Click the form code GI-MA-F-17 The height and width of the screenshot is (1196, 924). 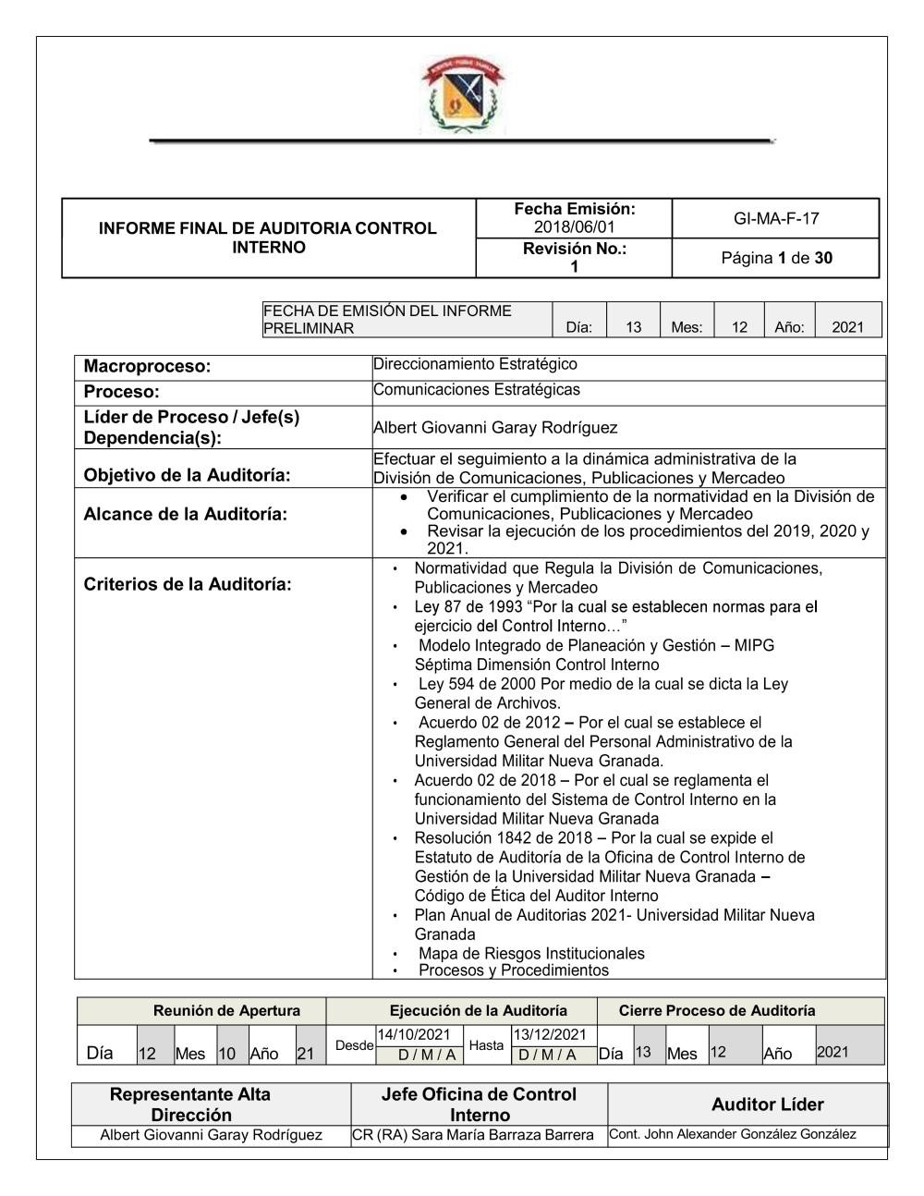pyautogui.click(x=776, y=219)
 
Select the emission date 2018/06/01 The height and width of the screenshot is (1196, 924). pyautogui.click(x=574, y=227)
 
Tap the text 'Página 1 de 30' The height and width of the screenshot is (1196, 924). pyautogui.click(x=776, y=258)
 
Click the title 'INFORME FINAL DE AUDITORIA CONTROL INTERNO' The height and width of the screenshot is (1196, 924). pyautogui.click(x=268, y=238)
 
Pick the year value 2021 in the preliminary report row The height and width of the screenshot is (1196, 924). pyautogui.click(x=847, y=326)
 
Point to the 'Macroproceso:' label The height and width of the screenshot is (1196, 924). pyautogui.click(x=147, y=366)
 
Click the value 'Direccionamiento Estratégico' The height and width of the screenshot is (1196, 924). pyautogui.click(x=475, y=364)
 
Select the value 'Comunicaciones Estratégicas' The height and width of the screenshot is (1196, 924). pyautogui.click(x=477, y=389)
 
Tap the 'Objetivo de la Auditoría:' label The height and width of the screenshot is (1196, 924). pyautogui.click(x=187, y=475)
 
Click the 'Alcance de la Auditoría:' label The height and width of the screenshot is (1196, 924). pyautogui.click(x=185, y=514)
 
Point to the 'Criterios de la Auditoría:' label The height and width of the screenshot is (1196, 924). pyautogui.click(x=188, y=584)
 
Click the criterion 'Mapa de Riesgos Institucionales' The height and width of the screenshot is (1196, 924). pyautogui.click(x=531, y=953)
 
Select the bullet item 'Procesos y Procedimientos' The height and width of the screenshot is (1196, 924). pyautogui.click(x=514, y=970)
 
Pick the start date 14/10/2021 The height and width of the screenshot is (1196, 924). pyautogui.click(x=413, y=1034)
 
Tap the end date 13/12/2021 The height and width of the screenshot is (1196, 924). pyautogui.click(x=550, y=1034)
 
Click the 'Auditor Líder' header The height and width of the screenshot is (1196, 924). pyautogui.click(x=767, y=1104)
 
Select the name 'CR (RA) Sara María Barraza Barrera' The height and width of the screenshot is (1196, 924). pyautogui.click(x=473, y=1135)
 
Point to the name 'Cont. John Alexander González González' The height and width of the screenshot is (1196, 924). pyautogui.click(x=733, y=1134)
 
